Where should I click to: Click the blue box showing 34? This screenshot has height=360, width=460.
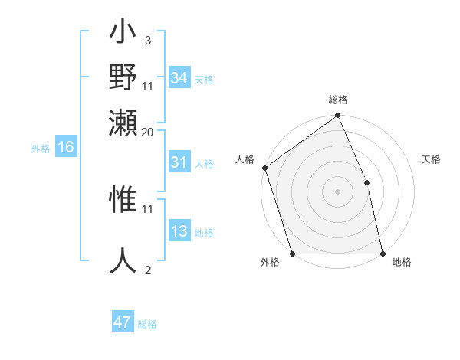[x=179, y=78]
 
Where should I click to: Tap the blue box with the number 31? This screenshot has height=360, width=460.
[x=179, y=162]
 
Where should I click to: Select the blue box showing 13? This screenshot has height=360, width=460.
[x=179, y=232]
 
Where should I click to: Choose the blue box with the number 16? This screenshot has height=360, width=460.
[x=66, y=148]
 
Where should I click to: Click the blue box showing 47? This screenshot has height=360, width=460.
[x=123, y=322]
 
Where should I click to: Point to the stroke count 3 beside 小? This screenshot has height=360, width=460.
[x=147, y=40]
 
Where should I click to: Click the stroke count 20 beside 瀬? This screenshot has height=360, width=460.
[x=148, y=132]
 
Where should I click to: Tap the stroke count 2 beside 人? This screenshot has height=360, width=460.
[x=147, y=270]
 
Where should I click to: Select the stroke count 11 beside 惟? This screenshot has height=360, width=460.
[x=148, y=208]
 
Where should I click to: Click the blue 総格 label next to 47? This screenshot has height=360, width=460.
[x=147, y=324]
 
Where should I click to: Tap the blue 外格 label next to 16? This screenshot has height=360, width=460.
[x=41, y=149]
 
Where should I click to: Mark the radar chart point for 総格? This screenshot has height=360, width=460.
[x=337, y=116]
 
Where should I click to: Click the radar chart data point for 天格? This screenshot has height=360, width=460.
[x=366, y=182]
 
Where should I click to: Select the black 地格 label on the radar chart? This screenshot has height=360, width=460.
[x=402, y=262]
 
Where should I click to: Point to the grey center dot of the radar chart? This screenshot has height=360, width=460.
[x=337, y=191]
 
